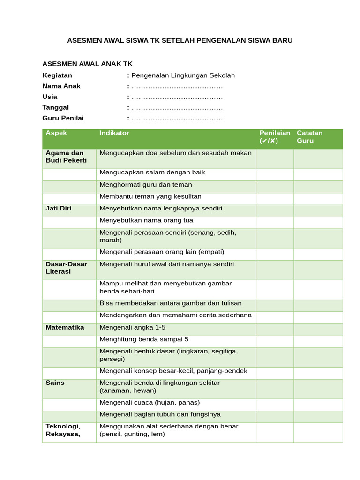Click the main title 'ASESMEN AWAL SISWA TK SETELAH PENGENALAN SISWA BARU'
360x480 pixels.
coord(180,40)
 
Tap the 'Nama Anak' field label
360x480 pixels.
coord(61,86)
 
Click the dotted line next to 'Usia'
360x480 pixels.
coord(177,97)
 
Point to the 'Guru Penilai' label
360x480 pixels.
coord(63,118)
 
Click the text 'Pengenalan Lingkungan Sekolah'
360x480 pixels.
coord(183,75)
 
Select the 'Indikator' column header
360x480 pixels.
coord(114,133)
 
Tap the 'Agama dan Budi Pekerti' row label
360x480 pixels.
coord(66,157)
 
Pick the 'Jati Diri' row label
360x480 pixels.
coord(59,208)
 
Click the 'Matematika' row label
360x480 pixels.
coord(65,327)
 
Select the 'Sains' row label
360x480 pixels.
coord(55,382)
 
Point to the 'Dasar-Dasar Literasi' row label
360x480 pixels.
coord(66,268)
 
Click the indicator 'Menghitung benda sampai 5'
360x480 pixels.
coord(144,339)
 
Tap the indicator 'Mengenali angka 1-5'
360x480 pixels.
coord(133,327)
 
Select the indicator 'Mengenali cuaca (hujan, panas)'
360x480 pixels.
coord(150,402)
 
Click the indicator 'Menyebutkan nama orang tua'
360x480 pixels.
coord(146,220)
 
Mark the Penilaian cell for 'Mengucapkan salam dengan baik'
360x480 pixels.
coord(275,174)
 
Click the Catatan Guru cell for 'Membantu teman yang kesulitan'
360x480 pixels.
coord(318,198)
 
